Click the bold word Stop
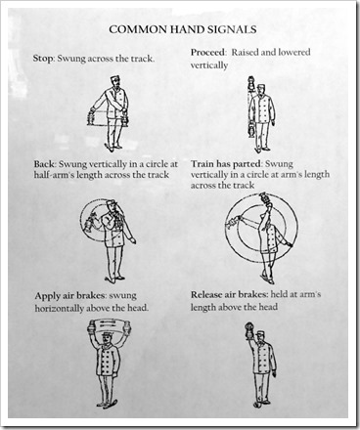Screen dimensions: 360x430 coord(42,59)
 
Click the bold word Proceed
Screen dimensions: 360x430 coord(207,52)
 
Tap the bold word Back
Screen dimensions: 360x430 coord(44,163)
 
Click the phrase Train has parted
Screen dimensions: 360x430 coord(226,163)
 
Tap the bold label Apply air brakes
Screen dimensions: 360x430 coord(70,296)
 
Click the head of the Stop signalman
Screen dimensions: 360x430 coord(114,82)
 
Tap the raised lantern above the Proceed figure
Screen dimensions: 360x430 coord(251,83)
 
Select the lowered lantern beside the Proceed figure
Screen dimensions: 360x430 coord(251,130)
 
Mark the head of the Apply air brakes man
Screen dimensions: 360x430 coord(107,339)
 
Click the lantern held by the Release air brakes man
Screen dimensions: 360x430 coord(248,330)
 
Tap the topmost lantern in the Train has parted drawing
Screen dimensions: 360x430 coord(262,199)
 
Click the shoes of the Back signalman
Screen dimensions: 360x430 coord(114,279)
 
